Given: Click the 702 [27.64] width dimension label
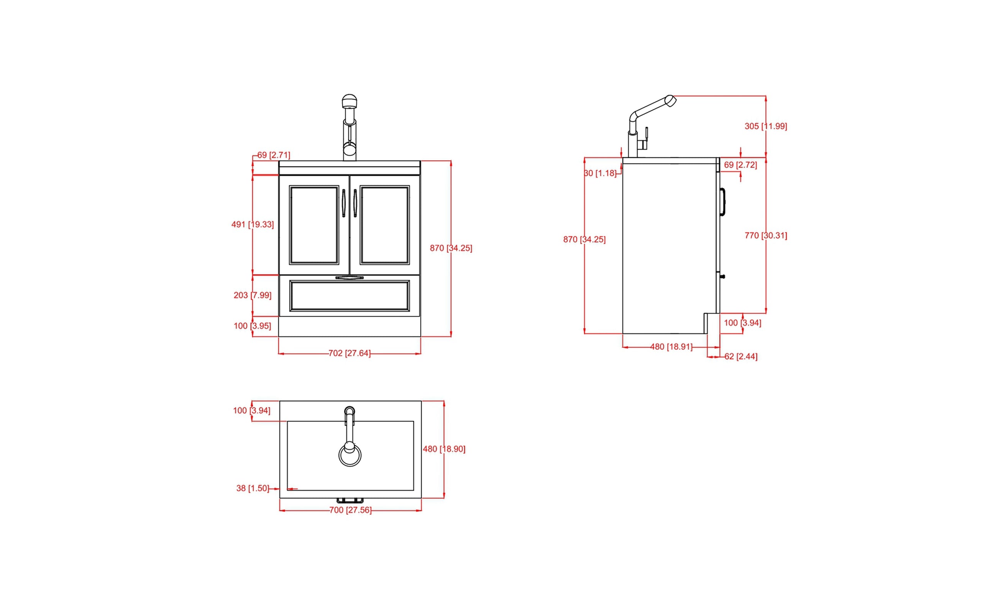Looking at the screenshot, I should (x=349, y=353).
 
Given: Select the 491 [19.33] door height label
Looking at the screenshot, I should (x=252, y=224).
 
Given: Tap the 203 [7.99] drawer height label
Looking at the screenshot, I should (x=252, y=295).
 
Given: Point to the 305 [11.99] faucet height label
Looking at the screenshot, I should (x=765, y=126).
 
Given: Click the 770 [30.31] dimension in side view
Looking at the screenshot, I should (x=765, y=236).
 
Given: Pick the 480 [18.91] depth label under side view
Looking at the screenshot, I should (x=671, y=347).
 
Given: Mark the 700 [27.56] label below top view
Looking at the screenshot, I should (x=350, y=510).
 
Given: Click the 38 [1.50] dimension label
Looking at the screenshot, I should (x=252, y=488).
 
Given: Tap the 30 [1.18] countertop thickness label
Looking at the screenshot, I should (x=600, y=174).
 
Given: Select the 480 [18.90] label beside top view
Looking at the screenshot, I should (x=444, y=449).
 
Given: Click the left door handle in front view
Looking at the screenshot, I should (x=344, y=203).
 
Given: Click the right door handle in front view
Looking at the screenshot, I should (x=355, y=203).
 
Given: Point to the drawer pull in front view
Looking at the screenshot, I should (x=349, y=278).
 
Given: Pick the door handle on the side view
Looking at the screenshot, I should (x=722, y=202).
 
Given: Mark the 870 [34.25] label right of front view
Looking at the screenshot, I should (x=451, y=248).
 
